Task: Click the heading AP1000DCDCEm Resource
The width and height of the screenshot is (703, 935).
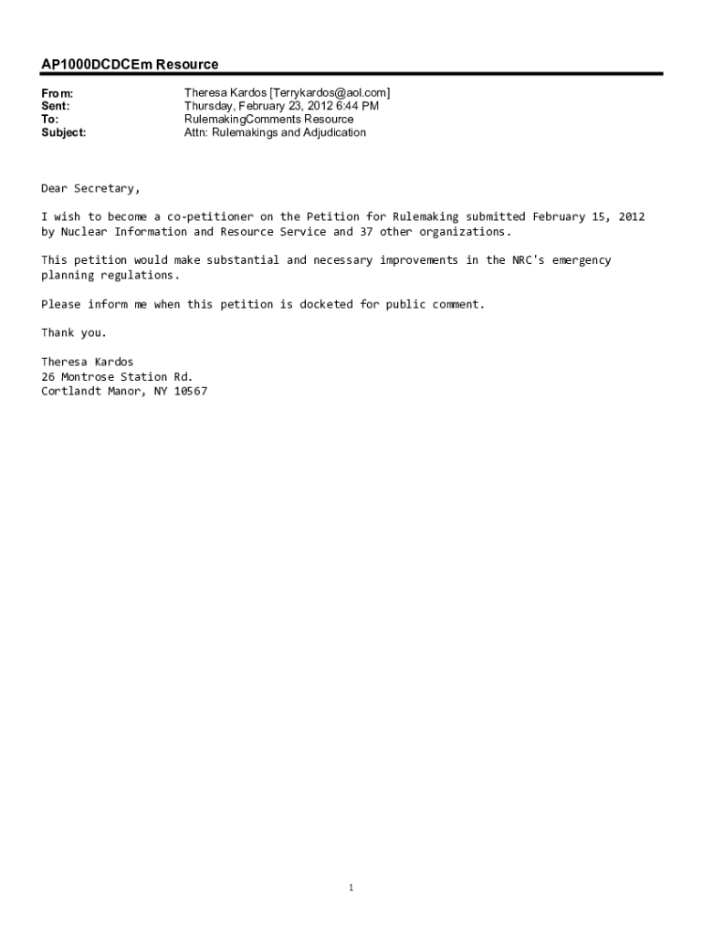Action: coord(130,64)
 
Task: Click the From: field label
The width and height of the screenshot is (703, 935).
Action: coord(57,93)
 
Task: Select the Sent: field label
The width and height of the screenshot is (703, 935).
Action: coord(56,106)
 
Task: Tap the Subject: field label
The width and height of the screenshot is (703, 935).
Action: coord(64,132)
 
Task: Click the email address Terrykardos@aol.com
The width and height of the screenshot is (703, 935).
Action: coord(330,93)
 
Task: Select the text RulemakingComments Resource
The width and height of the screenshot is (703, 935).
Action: coord(268,120)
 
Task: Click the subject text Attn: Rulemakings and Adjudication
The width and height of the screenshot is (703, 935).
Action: coord(275,132)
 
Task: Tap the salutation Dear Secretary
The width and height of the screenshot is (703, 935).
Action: coord(90,188)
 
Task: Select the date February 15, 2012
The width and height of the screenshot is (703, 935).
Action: coord(589,216)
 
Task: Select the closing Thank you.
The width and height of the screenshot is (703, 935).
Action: coord(74,332)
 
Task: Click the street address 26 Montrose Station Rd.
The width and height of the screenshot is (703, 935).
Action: coord(117,376)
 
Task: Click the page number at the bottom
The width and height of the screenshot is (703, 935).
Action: coord(351,887)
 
